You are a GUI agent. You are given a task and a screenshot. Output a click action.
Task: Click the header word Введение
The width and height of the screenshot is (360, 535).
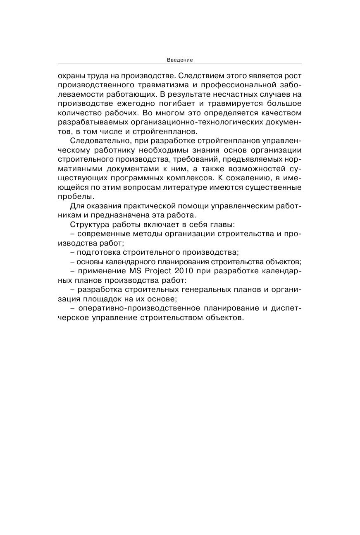pos(180,60)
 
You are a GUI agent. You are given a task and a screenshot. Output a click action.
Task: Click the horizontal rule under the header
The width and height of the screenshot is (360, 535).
pos(180,64)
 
